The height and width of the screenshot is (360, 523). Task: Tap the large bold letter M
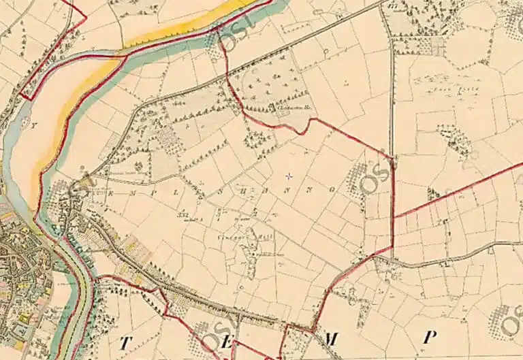pyautogui.click(x=332, y=338)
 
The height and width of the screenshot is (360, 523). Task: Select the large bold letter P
pyautogui.click(x=429, y=337)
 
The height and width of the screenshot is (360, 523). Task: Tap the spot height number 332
pyautogui.click(x=183, y=216)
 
